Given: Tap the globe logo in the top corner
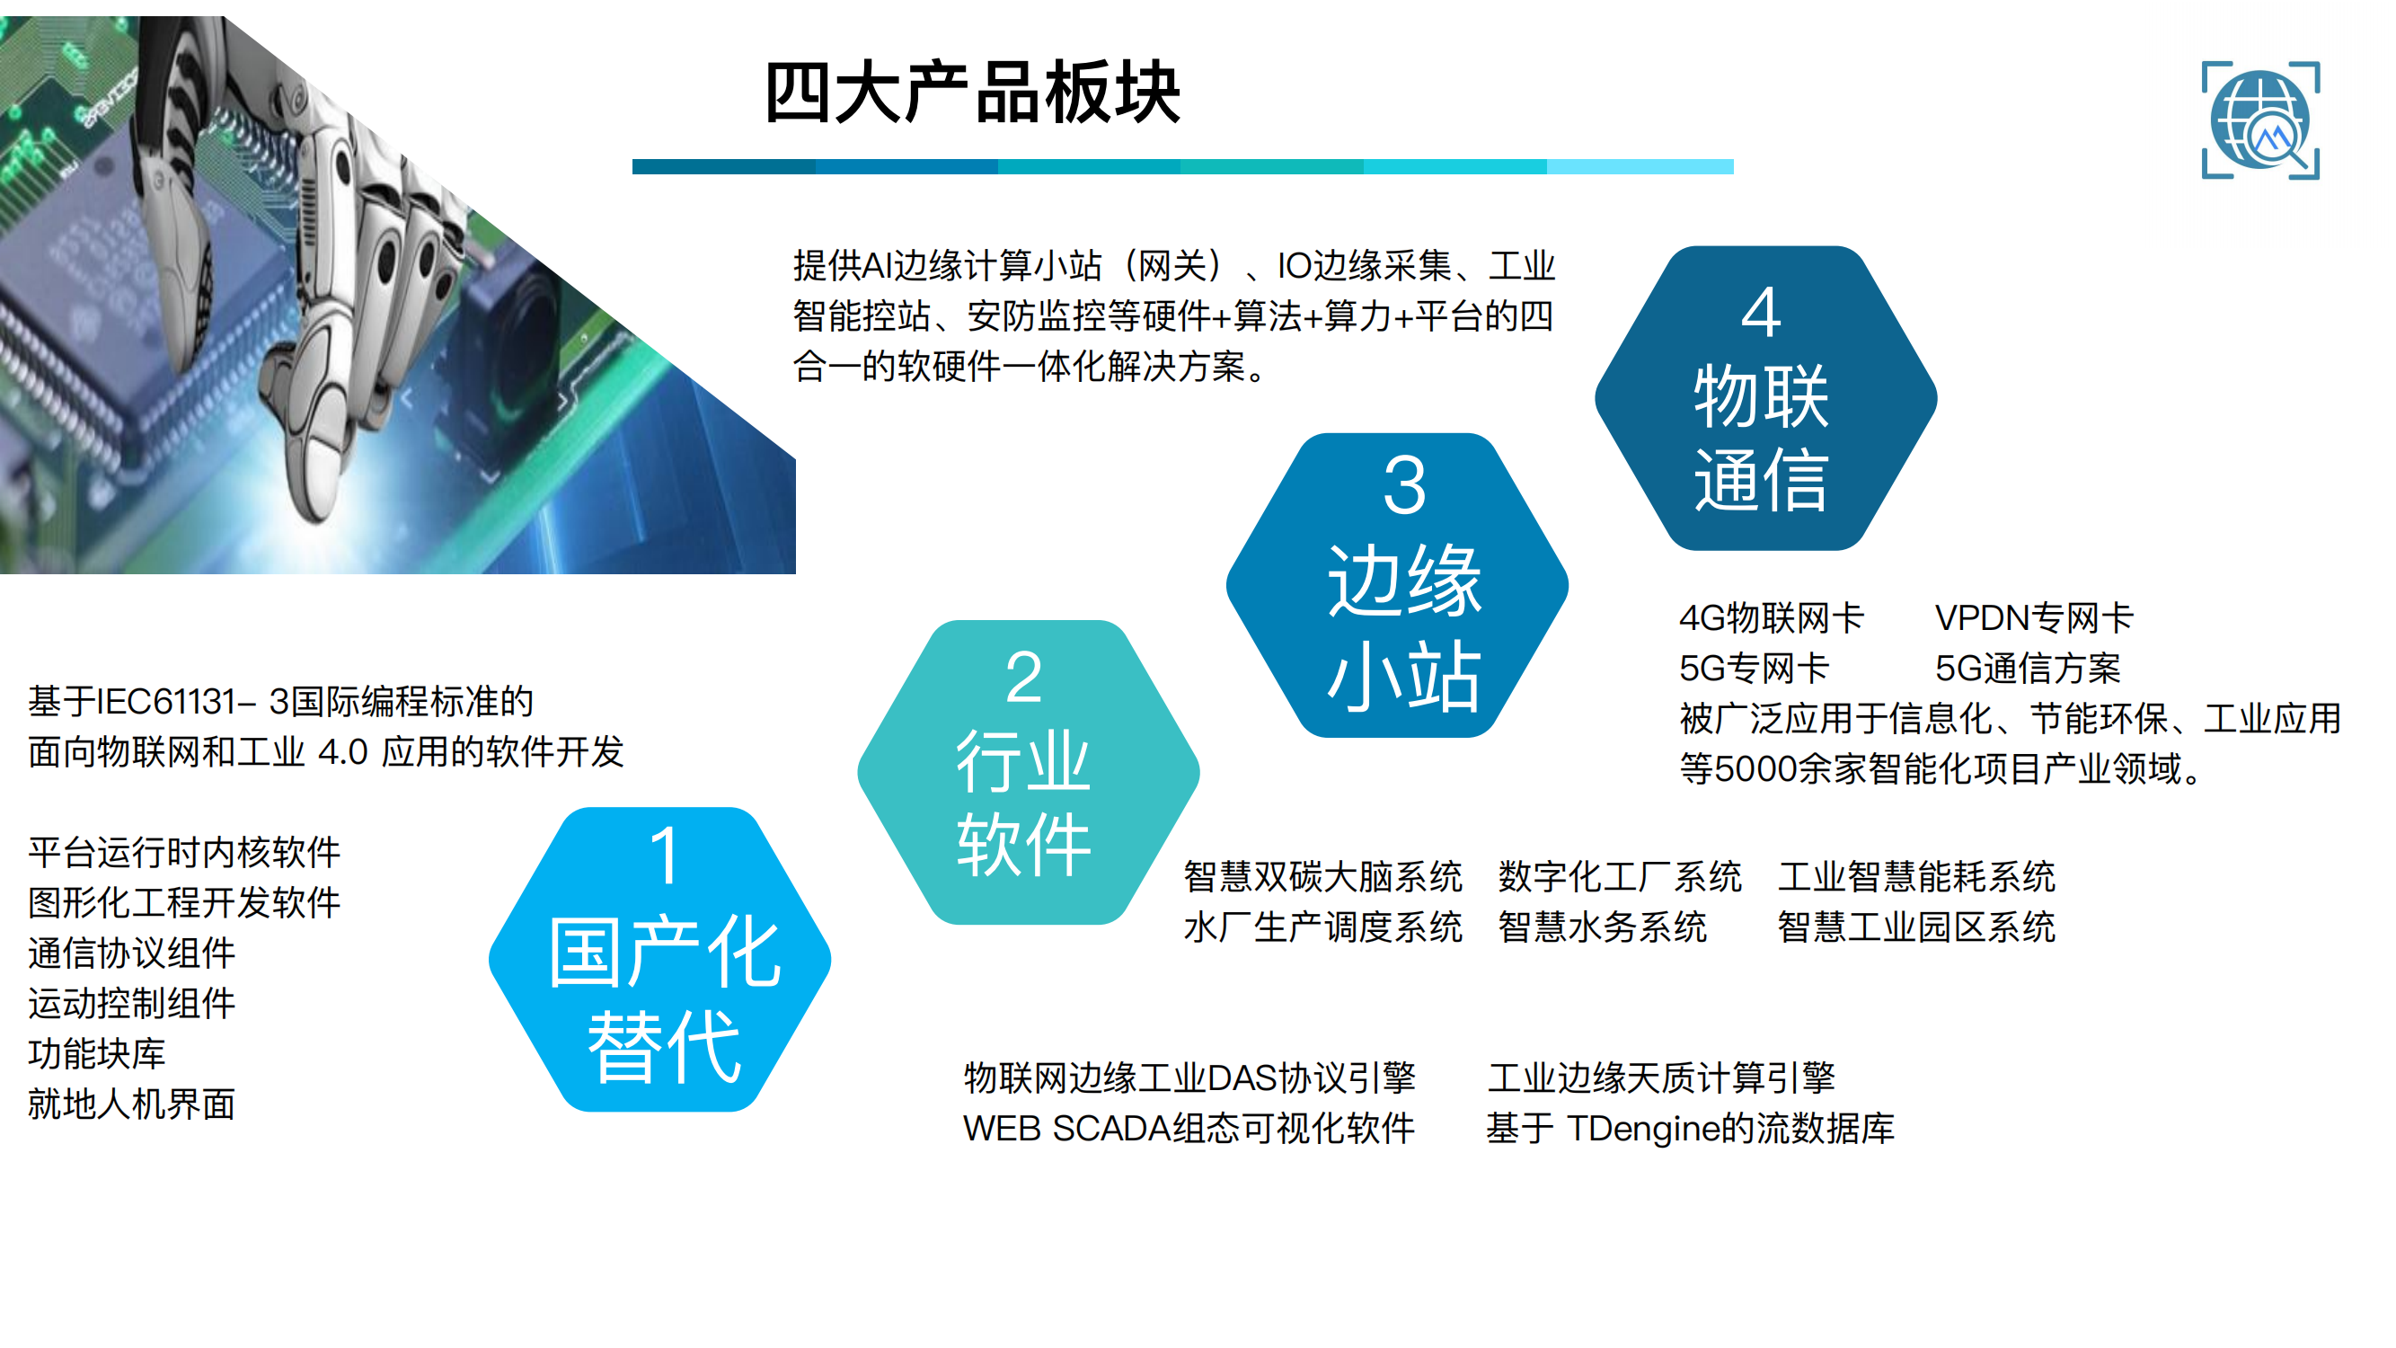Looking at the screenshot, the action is point(2260,120).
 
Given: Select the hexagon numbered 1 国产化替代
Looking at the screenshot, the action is point(659,959).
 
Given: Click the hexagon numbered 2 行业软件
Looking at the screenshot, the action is point(1028,772).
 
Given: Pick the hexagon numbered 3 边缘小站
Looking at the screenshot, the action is point(1397,585).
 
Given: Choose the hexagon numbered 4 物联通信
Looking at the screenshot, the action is point(1765,398).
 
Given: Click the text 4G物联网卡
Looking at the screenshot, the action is point(1771,617).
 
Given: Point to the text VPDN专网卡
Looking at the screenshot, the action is point(2034,617).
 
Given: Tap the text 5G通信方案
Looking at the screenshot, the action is point(2028,668).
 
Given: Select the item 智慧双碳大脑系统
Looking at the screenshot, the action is point(1322,876).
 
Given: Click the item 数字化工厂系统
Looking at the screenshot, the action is point(1620,876).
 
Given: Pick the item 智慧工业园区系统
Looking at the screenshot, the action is point(1916,927).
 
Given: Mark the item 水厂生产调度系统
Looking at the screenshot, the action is point(1322,927).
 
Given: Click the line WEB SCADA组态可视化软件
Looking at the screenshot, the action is point(1189,1129).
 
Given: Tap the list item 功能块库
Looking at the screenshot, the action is point(97,1053).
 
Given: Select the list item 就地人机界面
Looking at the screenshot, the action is point(131,1104).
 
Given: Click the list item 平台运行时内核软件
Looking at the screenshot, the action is point(184,851).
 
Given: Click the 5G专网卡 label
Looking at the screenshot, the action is point(1755,668).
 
